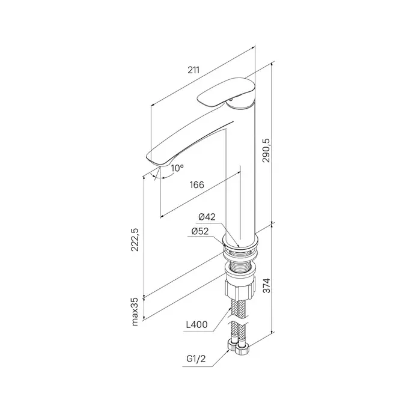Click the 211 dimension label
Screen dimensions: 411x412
193,70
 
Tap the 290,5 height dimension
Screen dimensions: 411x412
267,150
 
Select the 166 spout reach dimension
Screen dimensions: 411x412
197,185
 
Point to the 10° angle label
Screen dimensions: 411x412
177,168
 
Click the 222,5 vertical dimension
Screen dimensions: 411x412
135,240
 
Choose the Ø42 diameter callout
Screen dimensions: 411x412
207,217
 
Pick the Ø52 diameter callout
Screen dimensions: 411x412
200,231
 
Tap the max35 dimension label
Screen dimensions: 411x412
135,312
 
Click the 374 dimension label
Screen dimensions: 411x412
267,286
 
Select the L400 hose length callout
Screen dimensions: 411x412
197,325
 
